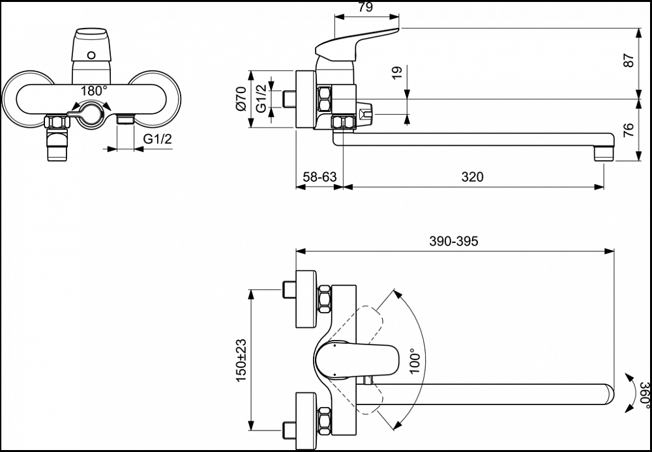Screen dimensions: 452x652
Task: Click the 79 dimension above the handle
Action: (365, 8)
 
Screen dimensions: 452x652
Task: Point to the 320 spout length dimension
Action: (472, 177)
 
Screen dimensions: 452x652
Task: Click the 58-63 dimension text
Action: (319, 177)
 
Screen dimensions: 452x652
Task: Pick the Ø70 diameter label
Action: (241, 100)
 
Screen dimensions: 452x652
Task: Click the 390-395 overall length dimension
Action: (454, 241)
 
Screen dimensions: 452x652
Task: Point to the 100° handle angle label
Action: (414, 360)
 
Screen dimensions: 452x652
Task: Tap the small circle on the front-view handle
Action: (91, 55)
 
